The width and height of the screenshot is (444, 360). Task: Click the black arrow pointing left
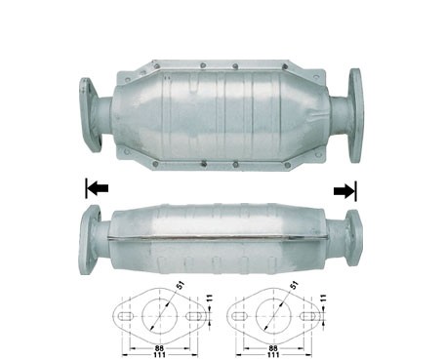coord(98,188)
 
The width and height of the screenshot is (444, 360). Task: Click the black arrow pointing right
coord(344,190)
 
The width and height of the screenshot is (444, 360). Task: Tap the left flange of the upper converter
coord(90,115)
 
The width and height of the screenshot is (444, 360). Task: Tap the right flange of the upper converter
coord(355,116)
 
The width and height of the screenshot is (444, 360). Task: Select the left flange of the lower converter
coord(90,240)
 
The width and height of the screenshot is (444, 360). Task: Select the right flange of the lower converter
coord(354,238)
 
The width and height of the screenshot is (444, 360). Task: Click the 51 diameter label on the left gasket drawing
coord(181,285)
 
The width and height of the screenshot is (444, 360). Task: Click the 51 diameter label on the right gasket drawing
coord(294,285)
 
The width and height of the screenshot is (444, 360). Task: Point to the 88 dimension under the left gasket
coord(160,348)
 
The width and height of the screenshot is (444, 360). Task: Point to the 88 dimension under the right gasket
coord(273,348)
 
